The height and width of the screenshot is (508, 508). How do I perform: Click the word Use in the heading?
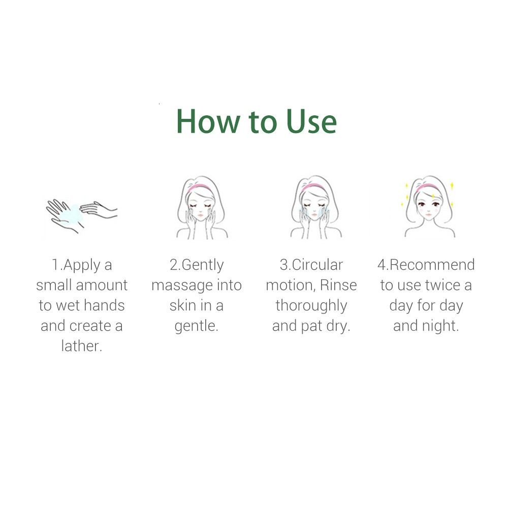(312, 121)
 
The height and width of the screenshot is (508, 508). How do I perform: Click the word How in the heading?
(208, 121)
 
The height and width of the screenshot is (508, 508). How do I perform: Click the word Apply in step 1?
(82, 266)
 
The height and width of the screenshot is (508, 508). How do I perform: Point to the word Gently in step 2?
(203, 266)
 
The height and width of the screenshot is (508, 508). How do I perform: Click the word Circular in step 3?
(317, 265)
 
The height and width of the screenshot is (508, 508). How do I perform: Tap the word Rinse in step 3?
(338, 285)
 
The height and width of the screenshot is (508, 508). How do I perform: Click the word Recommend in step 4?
(432, 265)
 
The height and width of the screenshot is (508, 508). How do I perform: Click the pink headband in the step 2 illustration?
(199, 187)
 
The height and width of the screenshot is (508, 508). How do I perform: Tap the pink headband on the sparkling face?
(428, 187)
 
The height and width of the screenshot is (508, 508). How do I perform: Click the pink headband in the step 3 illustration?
(312, 187)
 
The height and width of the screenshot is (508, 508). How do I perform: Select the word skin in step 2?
(183, 305)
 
